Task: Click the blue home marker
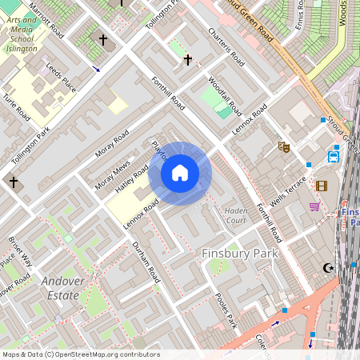180,173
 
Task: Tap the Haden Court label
235,214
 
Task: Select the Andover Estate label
61,288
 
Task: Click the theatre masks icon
282,146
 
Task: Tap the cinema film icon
322,186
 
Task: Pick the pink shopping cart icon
314,206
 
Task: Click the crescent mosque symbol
326,268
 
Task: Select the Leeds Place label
61,77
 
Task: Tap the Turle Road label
16,106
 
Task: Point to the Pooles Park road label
226,310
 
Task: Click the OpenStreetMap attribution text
80,354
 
